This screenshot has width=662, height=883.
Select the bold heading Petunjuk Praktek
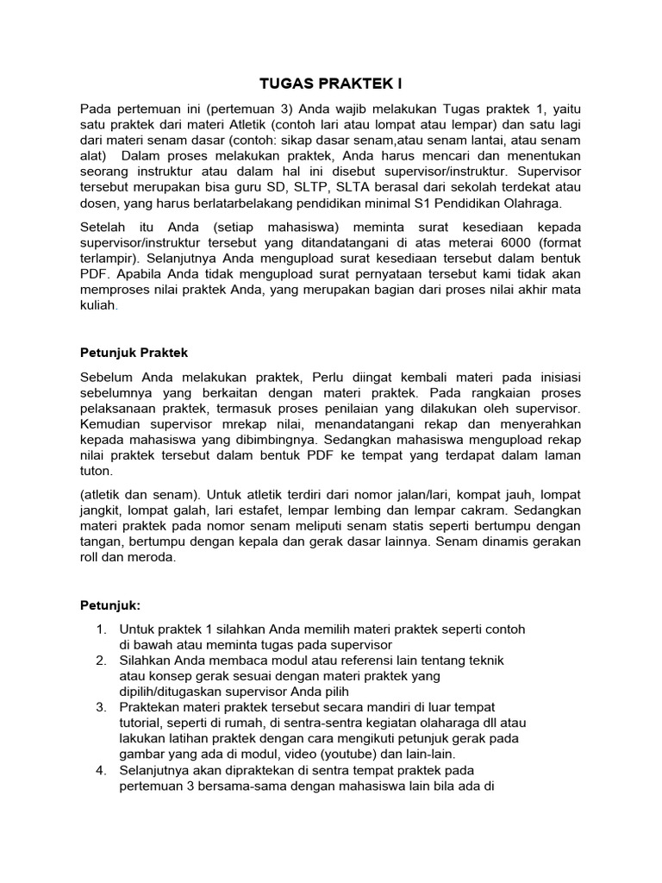[134, 353]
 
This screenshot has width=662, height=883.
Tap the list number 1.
[101, 629]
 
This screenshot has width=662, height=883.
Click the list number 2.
[101, 660]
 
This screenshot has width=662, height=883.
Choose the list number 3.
[101, 706]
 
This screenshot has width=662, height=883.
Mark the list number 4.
[101, 769]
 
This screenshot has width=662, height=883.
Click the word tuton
[97, 472]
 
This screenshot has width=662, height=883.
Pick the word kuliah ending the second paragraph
[97, 306]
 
